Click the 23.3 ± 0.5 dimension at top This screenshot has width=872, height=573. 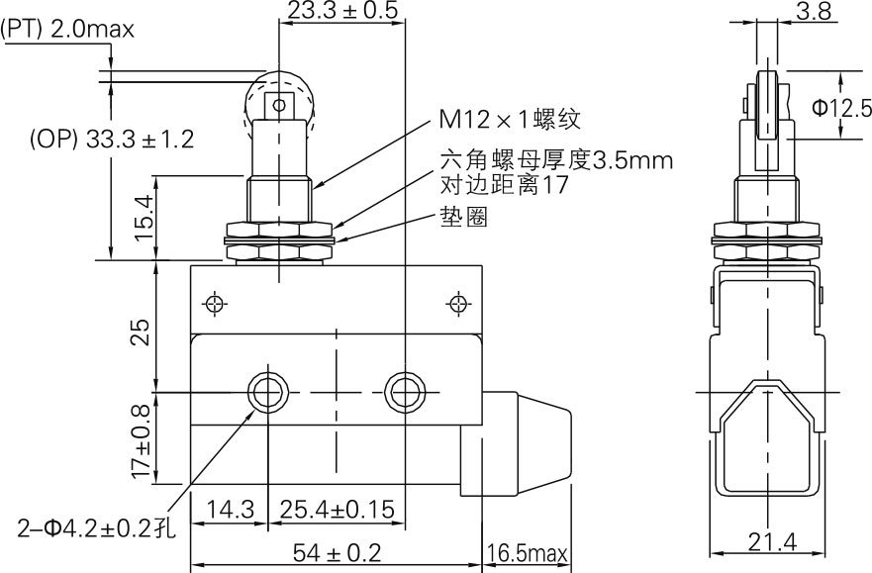pos(341,11)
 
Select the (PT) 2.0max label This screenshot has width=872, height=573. pos(67,30)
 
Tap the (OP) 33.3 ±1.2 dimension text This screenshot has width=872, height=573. pos(111,139)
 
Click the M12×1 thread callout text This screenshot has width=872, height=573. pos(510,120)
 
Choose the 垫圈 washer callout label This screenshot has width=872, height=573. pos(464,218)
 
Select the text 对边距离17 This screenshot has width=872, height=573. pos(504,185)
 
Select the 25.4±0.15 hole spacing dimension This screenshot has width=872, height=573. pos(338,510)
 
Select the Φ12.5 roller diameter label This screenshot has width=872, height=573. pos(842,107)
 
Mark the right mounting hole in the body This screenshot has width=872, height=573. pos(404,392)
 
